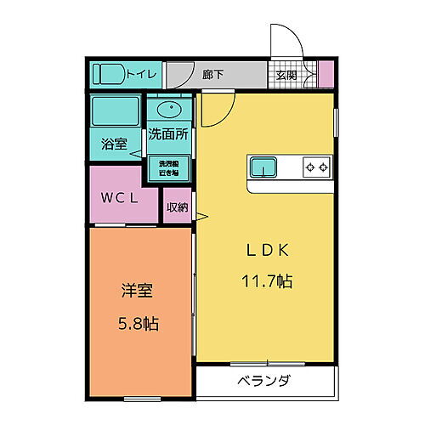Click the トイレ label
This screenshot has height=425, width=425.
click(141, 74)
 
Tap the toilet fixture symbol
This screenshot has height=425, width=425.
click(108, 75)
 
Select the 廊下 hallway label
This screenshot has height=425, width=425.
click(213, 74)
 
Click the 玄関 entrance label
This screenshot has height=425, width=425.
click(286, 74)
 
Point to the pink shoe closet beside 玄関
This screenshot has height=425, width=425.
click(326, 75)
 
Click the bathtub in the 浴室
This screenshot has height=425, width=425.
click(116, 112)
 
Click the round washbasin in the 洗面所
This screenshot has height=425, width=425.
click(169, 109)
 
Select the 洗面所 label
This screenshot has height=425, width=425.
click(169, 134)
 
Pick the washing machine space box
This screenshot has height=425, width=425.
click(168, 168)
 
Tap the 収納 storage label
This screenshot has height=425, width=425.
click(177, 207)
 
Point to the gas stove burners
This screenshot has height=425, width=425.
click(317, 167)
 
